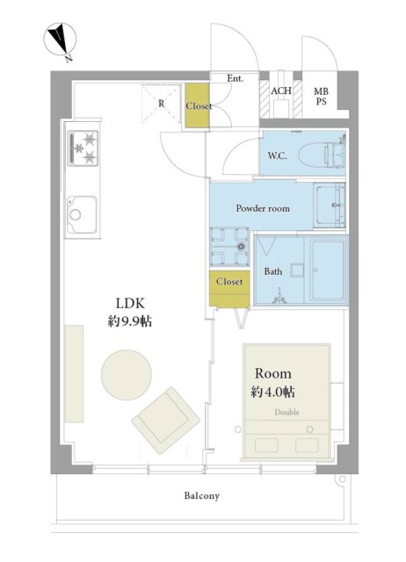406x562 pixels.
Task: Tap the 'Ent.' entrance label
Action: point(235,79)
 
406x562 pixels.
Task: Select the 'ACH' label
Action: point(281,91)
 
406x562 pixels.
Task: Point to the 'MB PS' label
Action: point(321,96)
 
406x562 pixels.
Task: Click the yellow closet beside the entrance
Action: point(198,106)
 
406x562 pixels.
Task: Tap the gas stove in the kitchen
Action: point(84,148)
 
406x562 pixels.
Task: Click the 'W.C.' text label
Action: point(276,156)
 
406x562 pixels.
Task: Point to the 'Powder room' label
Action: point(262,208)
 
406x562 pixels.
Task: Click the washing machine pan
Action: point(228,247)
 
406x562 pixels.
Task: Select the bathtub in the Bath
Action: point(325,270)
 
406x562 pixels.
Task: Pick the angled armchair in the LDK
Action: point(164,421)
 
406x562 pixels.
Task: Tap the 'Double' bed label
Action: point(286,412)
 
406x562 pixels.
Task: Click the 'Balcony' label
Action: point(201,496)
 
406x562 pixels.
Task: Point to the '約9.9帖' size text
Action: point(130,321)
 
